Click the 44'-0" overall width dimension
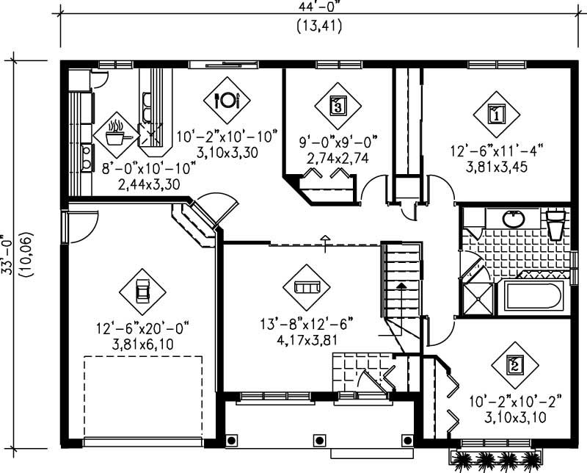click(x=316, y=7)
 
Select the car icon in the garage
click(x=142, y=292)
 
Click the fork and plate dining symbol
click(x=227, y=100)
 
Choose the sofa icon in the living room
click(x=307, y=286)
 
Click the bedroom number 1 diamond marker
click(x=496, y=114)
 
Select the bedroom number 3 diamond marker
click(x=337, y=104)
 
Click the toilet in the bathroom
click(x=556, y=224)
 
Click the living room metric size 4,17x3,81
click(x=307, y=341)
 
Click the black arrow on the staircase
click(x=401, y=284)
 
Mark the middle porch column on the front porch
click(x=318, y=440)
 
